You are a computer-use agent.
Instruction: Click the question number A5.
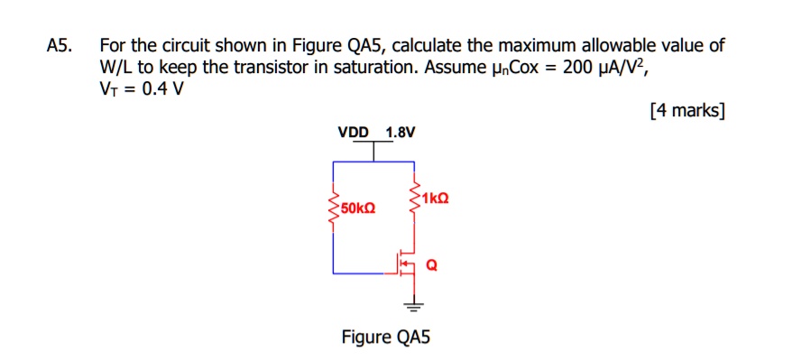(x=60, y=46)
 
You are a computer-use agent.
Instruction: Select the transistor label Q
(x=431, y=265)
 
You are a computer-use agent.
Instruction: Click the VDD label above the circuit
(x=354, y=133)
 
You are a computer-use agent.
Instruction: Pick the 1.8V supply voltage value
(x=401, y=133)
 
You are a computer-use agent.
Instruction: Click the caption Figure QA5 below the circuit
(x=386, y=337)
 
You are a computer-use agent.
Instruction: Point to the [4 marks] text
(x=686, y=111)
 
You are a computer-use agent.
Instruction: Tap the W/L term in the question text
(x=116, y=68)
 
